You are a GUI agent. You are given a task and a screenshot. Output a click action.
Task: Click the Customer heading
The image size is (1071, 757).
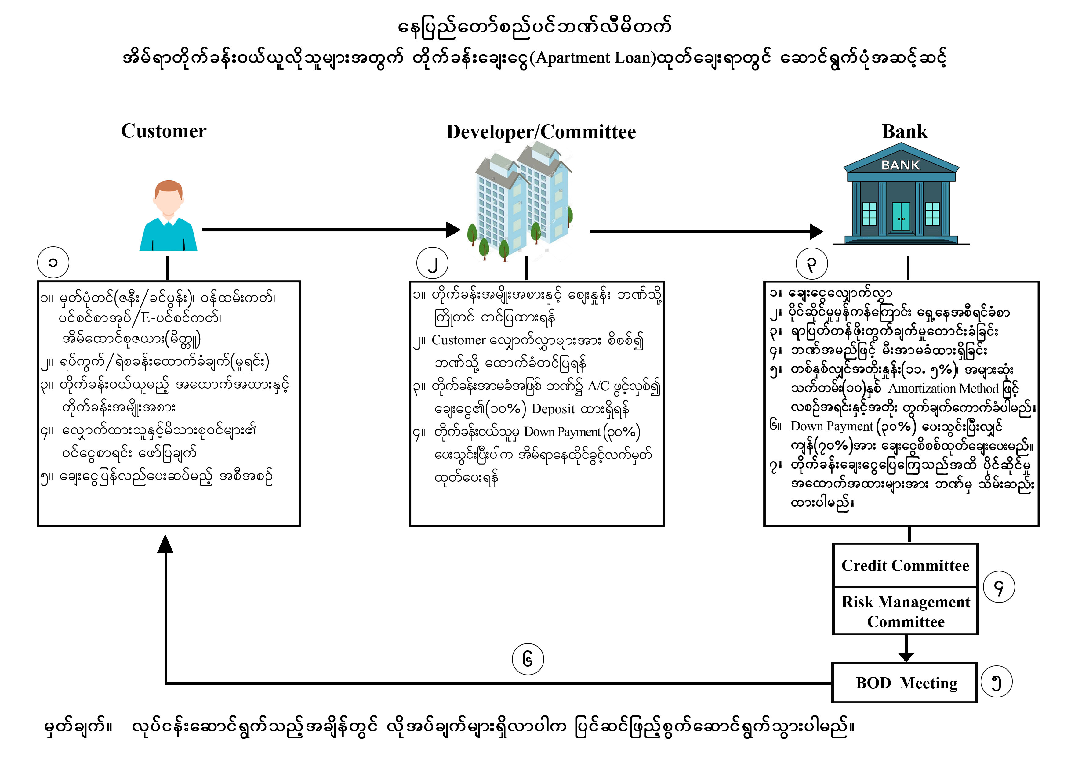(x=164, y=131)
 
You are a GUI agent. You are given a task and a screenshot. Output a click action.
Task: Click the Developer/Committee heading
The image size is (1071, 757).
(x=541, y=132)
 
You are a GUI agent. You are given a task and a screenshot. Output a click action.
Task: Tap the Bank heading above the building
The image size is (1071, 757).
(x=905, y=132)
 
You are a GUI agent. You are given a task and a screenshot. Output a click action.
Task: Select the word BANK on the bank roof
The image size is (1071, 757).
(x=900, y=165)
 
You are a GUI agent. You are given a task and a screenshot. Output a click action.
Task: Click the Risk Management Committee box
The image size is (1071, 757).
(x=906, y=611)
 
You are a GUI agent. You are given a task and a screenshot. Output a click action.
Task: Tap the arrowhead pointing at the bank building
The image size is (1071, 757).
(x=816, y=231)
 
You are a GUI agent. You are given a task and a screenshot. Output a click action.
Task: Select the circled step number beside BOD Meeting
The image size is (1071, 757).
(x=997, y=683)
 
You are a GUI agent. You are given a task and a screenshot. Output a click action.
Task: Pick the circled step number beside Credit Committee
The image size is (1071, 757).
(x=999, y=587)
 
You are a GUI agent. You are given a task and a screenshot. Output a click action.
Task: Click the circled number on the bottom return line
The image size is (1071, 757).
(x=528, y=659)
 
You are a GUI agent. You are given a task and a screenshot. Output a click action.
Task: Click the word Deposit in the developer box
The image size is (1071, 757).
(x=553, y=409)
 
